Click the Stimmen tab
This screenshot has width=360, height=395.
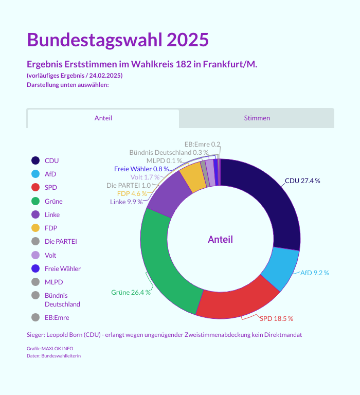(257, 118)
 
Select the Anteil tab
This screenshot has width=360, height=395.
(103, 118)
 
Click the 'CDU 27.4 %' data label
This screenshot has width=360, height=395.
(302, 181)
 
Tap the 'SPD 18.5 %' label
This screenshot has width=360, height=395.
(276, 318)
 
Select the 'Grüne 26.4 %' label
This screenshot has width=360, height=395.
(131, 293)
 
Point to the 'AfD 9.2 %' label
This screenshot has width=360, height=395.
(314, 273)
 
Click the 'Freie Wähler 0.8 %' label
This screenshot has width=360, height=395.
(141, 169)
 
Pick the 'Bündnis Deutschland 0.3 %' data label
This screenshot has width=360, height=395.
(169, 152)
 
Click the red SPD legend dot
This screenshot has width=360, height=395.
(35, 187)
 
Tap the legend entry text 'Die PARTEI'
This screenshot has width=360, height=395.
(61, 241)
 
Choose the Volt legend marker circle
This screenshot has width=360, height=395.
(35, 255)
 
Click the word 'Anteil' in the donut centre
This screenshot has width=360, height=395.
(220, 239)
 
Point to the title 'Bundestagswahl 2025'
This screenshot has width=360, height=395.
(118, 40)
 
